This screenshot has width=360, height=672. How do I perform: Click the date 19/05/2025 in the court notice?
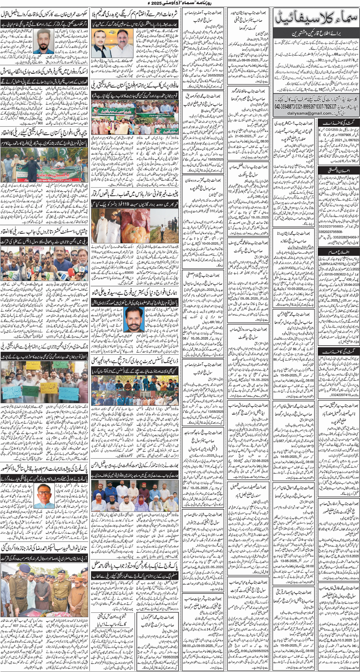click(x=216, y=159)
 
